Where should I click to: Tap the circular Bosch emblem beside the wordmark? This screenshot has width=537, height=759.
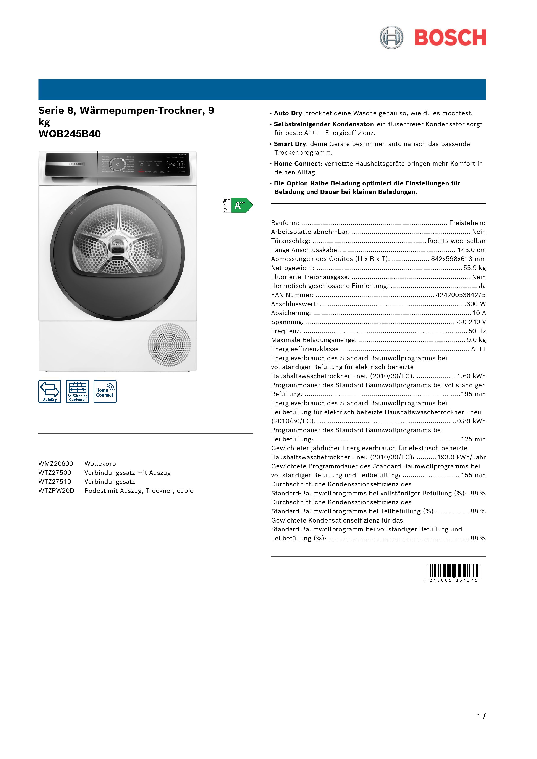pos(391,37)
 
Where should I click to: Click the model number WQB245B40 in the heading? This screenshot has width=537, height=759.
pos(70,134)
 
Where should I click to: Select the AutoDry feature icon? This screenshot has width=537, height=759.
pos(50,391)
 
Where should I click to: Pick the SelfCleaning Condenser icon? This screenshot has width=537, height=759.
pos(78,391)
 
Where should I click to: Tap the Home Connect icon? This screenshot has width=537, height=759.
pos(105,391)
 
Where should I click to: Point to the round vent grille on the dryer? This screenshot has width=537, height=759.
pos(169,345)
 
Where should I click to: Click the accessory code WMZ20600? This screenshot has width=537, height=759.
pos(56,463)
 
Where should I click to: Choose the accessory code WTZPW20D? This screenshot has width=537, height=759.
pos(56,490)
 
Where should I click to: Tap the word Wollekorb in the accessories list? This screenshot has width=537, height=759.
pos(100,463)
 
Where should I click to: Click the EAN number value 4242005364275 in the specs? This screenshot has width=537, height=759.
pos(461,295)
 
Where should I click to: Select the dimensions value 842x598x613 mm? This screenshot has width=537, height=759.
pos(458,259)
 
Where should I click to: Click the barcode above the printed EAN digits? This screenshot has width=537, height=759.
pos(454,571)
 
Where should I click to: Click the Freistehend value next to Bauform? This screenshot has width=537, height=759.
pos(467,223)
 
